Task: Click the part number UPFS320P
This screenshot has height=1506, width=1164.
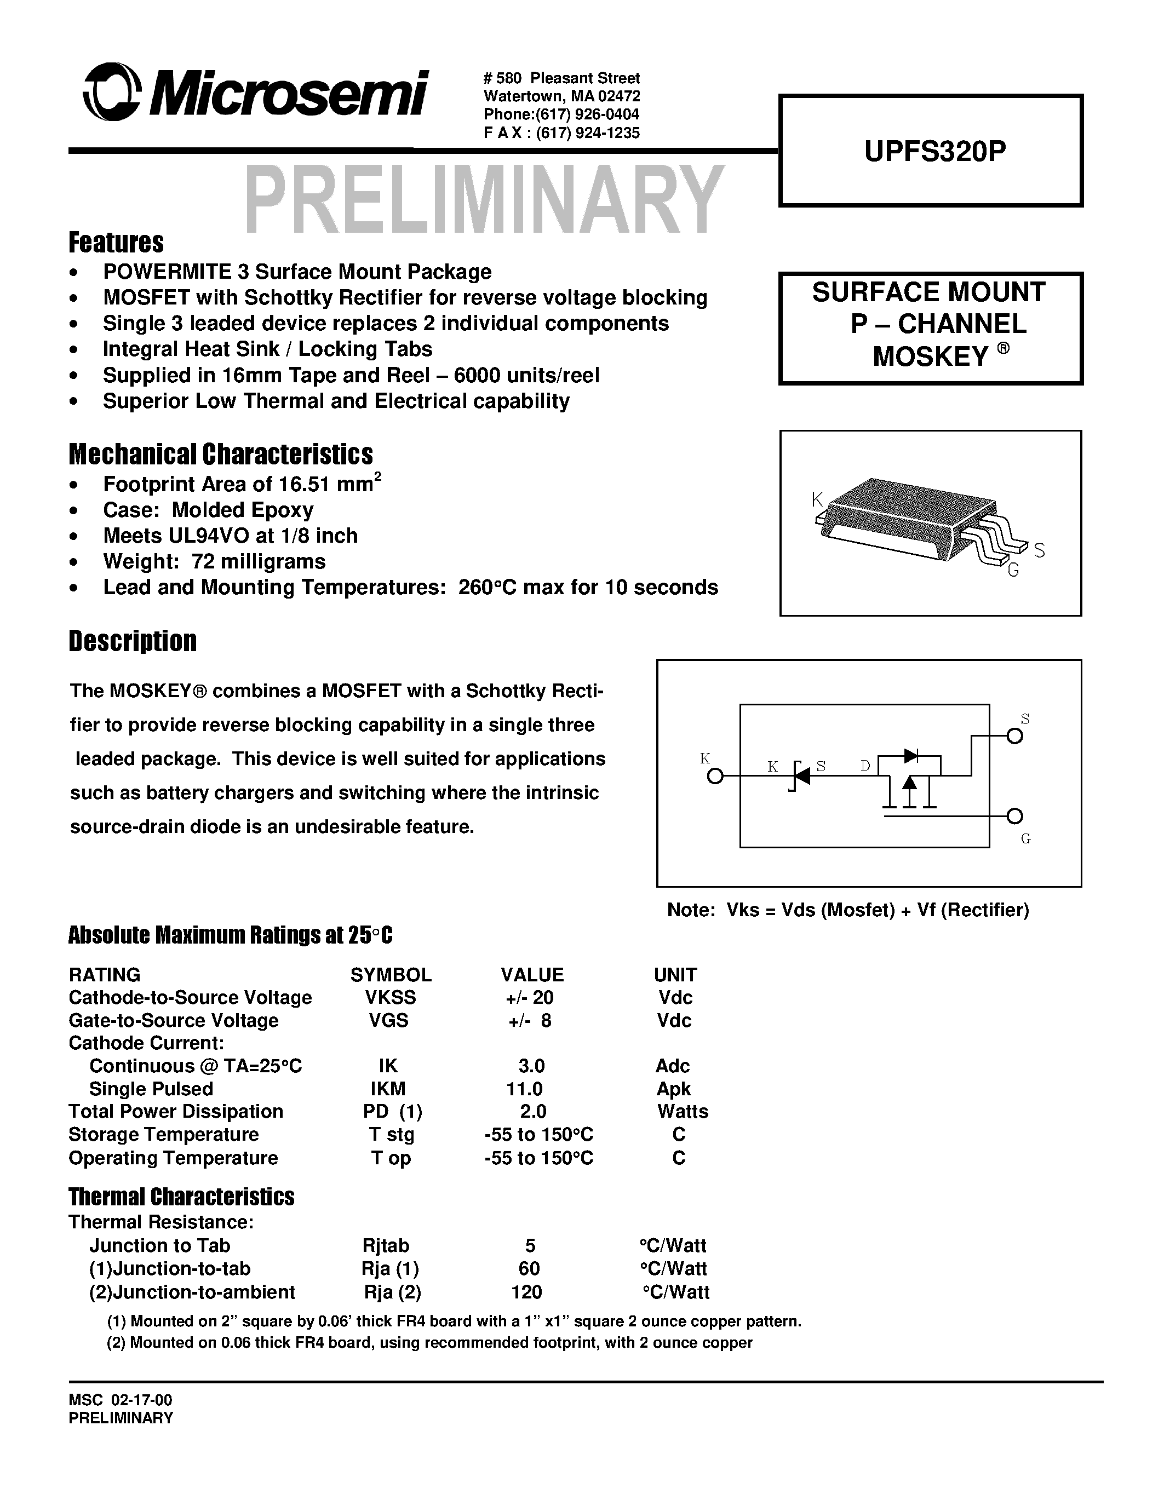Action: [934, 152]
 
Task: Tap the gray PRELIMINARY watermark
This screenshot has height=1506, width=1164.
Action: [483, 200]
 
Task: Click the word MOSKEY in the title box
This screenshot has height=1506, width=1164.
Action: [930, 357]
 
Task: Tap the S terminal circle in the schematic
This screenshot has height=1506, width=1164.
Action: [1014, 737]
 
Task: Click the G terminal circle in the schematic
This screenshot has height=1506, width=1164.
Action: [1014, 817]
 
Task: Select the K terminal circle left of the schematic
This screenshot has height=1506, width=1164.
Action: [716, 777]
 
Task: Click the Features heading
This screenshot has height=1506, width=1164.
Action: [116, 243]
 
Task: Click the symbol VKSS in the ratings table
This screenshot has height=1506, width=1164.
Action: [391, 997]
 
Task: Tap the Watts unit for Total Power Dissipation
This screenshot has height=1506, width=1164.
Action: [682, 1112]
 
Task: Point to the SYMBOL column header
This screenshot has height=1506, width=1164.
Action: [391, 974]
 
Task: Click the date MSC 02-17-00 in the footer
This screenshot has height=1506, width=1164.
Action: [121, 1400]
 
